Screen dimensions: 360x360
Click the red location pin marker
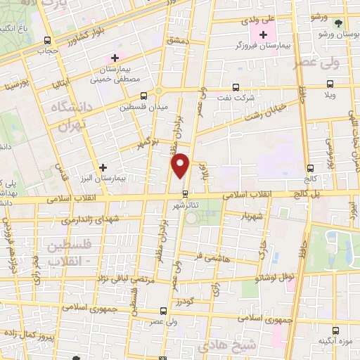pos(181,165)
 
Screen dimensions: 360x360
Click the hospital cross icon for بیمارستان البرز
pos(104,167)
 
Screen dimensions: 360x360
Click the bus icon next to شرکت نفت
pos(235,89)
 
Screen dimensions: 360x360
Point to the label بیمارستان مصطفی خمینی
pos(115,77)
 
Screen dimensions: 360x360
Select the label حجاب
pos(47,51)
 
